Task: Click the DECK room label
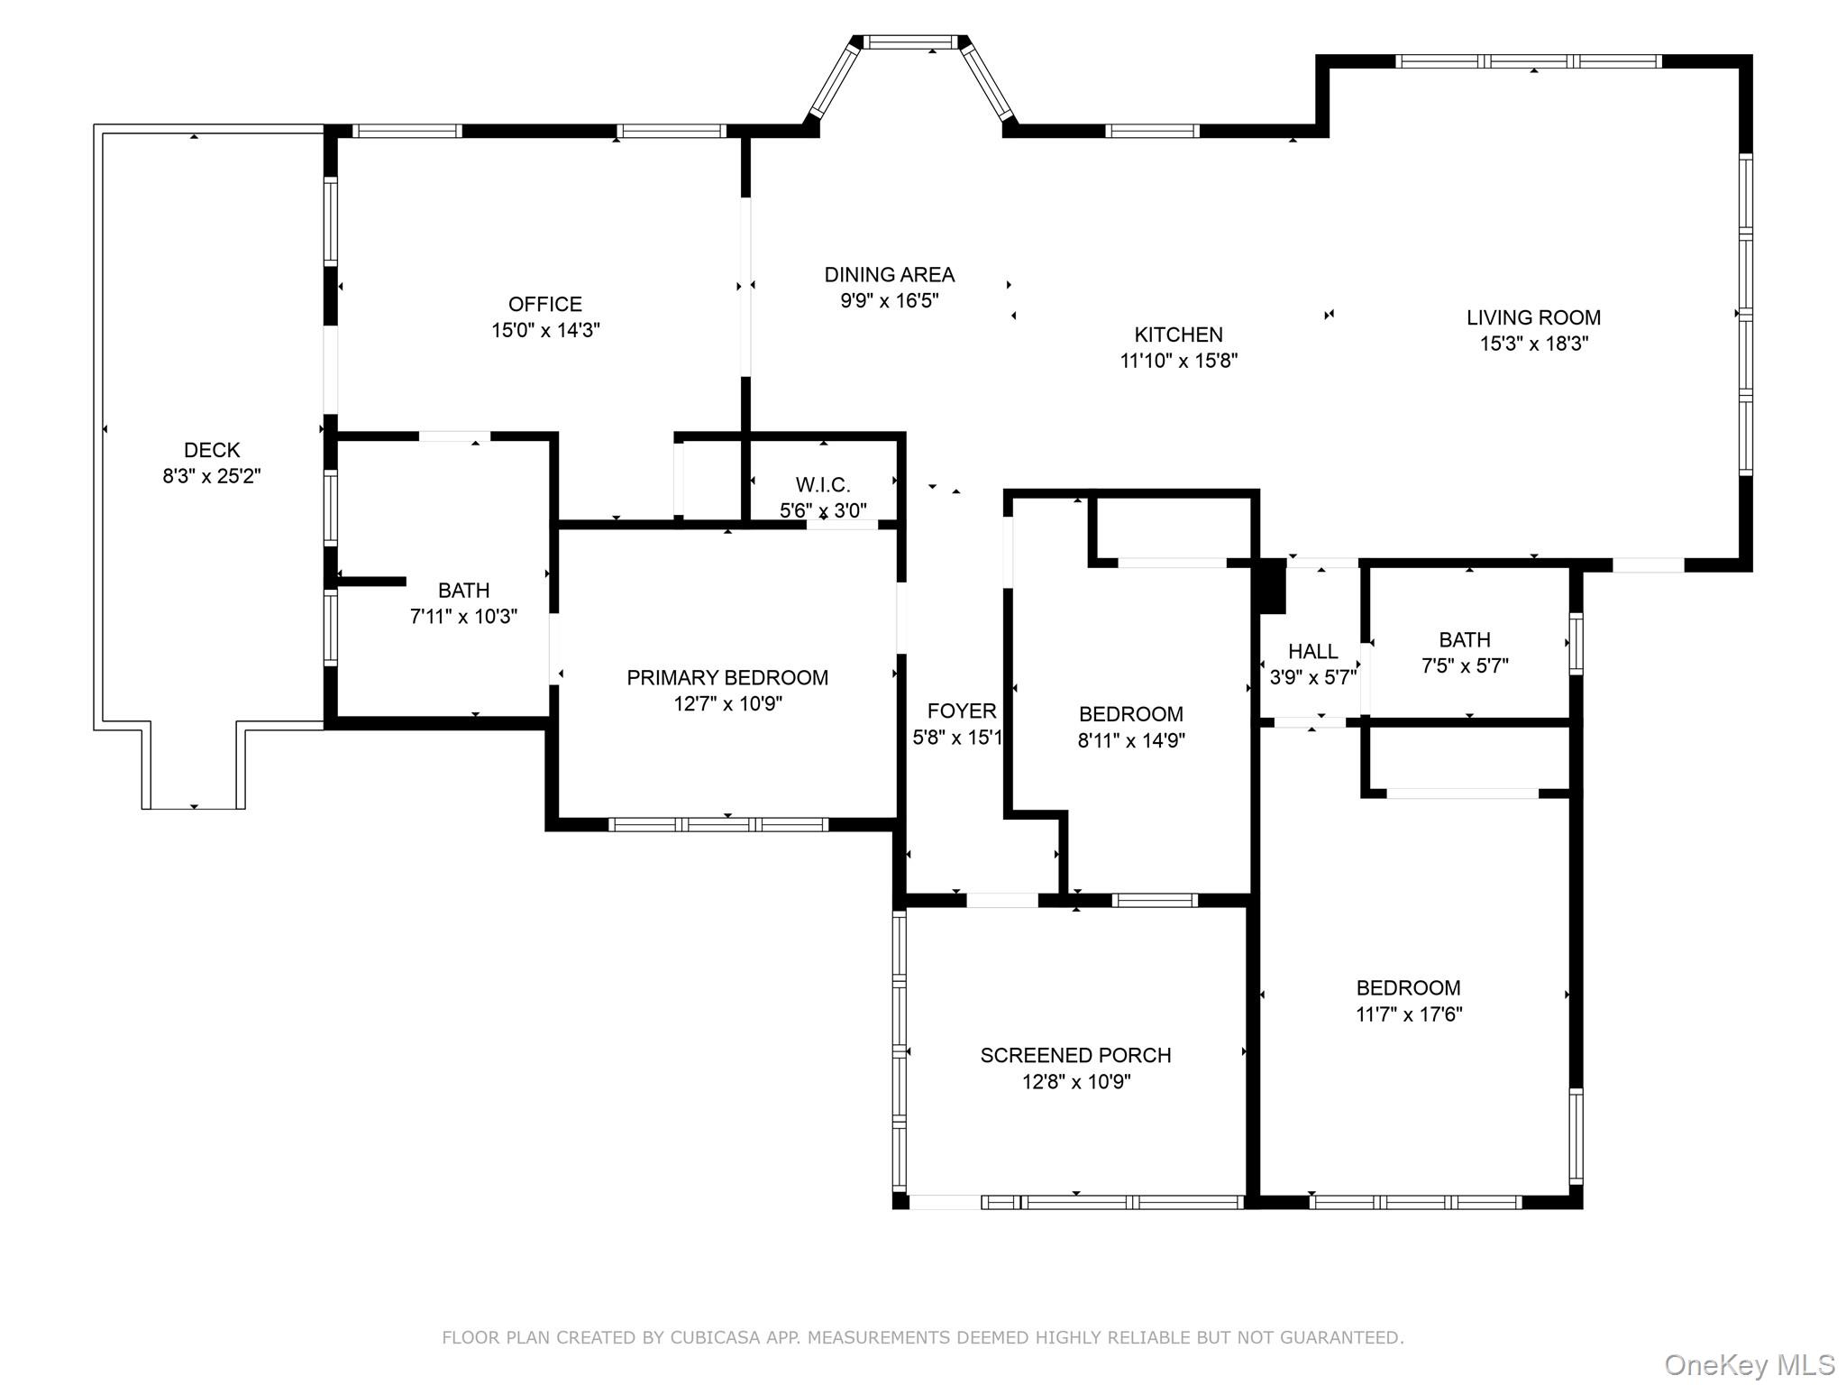pos(212,450)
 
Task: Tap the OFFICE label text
pos(545,304)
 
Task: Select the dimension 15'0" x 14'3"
pos(545,330)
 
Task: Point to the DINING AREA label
pos(890,274)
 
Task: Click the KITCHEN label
pos(1178,335)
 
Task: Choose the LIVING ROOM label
pos(1533,317)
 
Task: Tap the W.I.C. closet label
pos(823,485)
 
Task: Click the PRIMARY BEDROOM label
pos(727,677)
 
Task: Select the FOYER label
pos(962,711)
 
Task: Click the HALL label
pos(1313,651)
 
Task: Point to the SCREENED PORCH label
pos(1075,1055)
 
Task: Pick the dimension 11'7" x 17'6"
pos(1409,1014)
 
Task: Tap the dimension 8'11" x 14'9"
pos(1131,740)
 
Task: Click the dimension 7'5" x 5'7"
pos(1465,665)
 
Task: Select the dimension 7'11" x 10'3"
pos(463,617)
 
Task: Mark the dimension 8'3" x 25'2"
pos(212,476)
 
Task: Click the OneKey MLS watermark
pos(1750,1364)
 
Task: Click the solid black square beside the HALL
pos(1272,586)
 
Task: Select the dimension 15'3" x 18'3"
pos(1533,344)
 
